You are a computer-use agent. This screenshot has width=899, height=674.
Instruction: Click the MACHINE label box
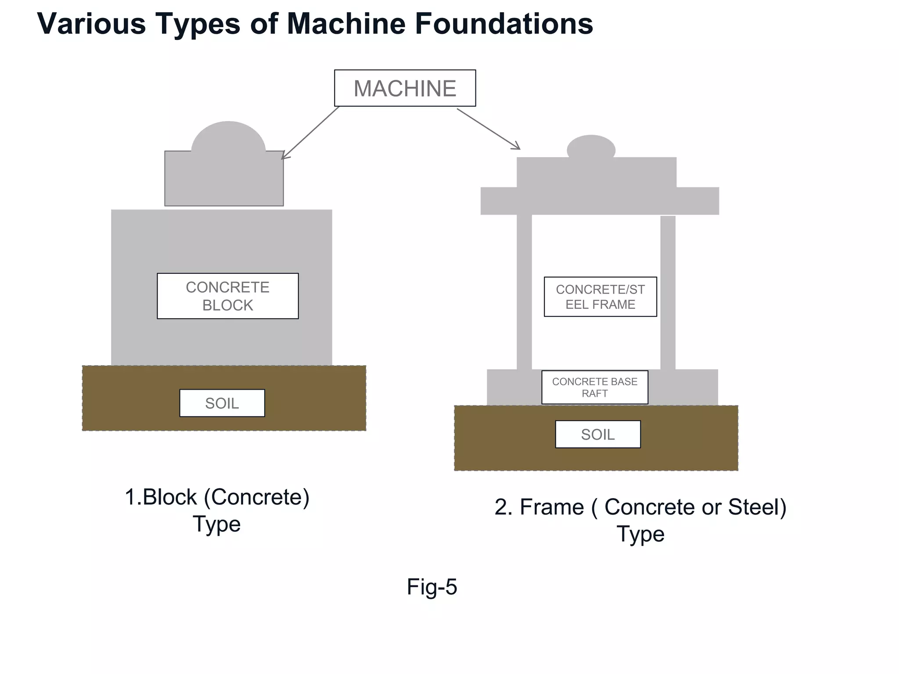(405, 88)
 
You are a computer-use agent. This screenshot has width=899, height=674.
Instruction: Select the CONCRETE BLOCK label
(227, 296)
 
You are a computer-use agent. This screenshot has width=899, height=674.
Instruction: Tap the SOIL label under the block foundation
(222, 403)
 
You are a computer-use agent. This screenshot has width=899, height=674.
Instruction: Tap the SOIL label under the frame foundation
(597, 434)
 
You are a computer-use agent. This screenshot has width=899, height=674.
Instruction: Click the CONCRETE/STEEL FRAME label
(600, 297)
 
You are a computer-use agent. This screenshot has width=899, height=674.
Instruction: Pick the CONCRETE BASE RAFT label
(594, 387)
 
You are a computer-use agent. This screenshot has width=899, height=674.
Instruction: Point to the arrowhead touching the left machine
(284, 156)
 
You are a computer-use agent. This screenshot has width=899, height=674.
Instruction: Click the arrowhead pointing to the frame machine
(517, 147)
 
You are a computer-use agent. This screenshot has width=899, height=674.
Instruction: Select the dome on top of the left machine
(228, 137)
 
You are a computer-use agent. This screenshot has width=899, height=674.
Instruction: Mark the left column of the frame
(524, 292)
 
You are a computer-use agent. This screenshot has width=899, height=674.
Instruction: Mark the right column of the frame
(668, 292)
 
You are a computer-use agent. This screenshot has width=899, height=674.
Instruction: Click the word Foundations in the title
(504, 24)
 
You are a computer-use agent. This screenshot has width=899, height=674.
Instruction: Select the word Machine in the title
(346, 24)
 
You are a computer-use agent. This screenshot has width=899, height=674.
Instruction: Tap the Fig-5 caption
(432, 587)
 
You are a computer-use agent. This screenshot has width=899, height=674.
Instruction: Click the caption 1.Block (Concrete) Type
(217, 510)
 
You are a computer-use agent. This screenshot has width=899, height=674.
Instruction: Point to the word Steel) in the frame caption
(757, 507)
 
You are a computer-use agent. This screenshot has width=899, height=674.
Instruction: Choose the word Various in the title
(91, 24)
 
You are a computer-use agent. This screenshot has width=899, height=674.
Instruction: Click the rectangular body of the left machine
(224, 180)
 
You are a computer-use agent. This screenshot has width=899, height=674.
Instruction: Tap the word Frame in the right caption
(552, 507)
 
